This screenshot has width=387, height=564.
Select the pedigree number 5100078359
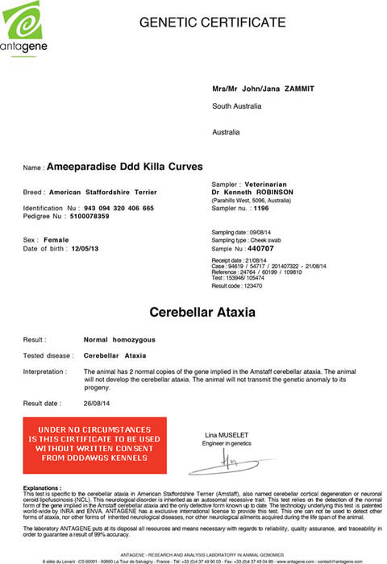coord(91,216)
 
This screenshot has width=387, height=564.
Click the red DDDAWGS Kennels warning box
coord(95,446)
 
